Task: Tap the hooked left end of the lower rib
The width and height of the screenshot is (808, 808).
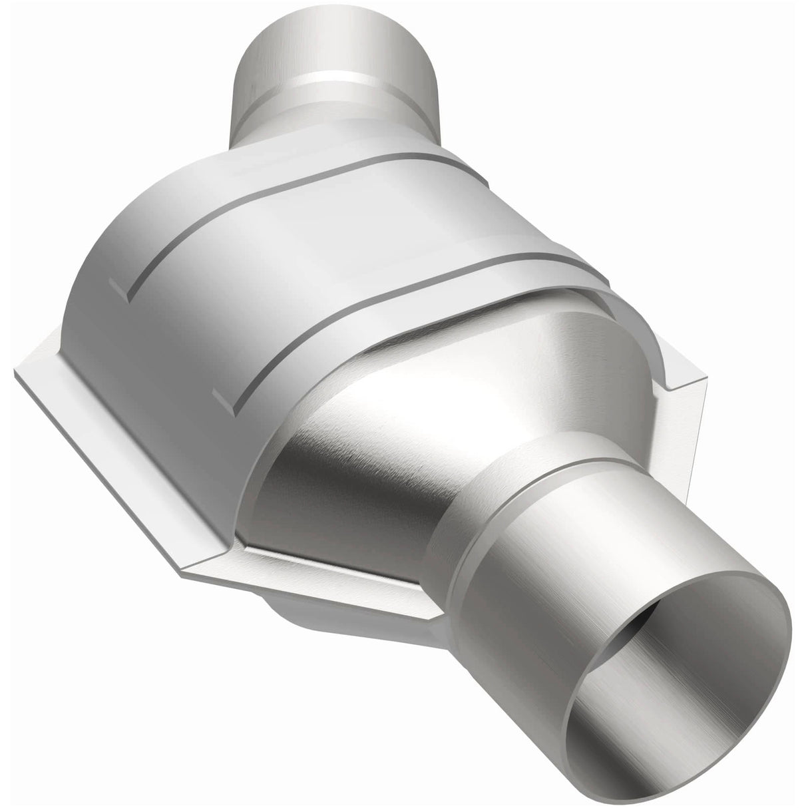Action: tap(223, 399)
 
